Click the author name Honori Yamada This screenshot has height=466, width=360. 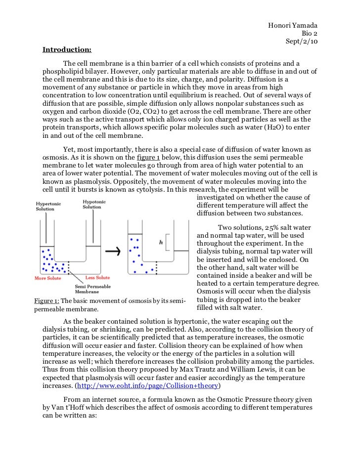click(293, 26)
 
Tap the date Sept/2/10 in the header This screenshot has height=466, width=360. click(302, 42)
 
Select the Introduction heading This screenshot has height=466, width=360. click(67, 49)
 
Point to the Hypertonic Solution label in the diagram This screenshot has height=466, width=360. click(45, 206)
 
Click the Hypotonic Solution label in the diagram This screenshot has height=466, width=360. click(92, 204)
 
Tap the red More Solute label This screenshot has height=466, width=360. click(48, 278)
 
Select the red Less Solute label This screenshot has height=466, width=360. click(97, 278)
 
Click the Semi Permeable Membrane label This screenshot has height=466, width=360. click(92, 289)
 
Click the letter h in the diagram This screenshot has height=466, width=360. click(161, 243)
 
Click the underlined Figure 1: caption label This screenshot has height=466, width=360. click(46, 301)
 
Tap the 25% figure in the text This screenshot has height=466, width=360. click(271, 227)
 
